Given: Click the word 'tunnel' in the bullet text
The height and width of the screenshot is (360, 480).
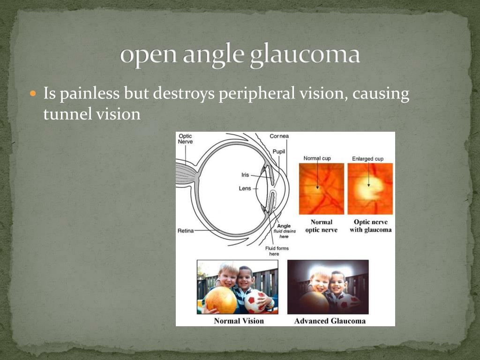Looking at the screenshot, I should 64,114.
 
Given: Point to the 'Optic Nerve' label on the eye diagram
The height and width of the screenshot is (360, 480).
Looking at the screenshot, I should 185,139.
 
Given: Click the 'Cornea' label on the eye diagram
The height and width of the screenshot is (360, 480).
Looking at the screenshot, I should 279,136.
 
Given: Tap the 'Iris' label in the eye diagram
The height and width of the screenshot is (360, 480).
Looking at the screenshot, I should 245,175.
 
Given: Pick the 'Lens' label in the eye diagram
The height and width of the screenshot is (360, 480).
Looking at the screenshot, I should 245,188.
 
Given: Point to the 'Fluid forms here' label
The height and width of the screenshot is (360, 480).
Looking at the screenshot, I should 277,251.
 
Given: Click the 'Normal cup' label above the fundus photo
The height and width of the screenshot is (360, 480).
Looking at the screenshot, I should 317,158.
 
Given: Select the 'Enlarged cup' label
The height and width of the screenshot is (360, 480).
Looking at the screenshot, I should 367,159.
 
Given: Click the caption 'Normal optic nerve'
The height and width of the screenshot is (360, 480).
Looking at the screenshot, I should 321,226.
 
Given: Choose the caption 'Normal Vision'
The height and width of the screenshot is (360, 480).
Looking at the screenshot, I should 239,321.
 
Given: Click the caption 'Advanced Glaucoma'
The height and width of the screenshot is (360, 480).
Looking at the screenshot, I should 330,321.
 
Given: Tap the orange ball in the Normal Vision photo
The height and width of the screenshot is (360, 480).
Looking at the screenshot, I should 221,300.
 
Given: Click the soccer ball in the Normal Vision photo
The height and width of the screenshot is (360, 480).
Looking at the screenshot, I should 255,302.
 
